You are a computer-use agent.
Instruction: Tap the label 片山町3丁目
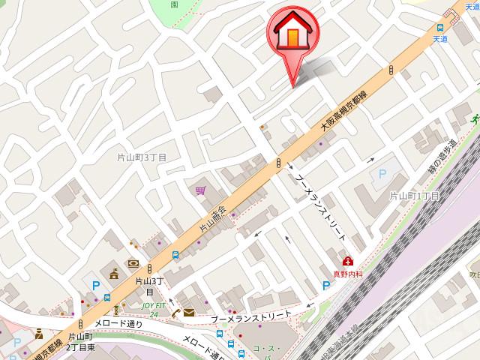pyautogui.click(x=142, y=157)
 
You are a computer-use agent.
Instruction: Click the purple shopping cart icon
pyautogui.click(x=201, y=192)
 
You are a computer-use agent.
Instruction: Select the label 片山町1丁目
pyautogui.click(x=415, y=196)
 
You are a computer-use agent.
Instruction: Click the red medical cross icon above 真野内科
pyautogui.click(x=348, y=261)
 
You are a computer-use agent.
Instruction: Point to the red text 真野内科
pyautogui.click(x=347, y=274)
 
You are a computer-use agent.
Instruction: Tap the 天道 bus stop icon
pyautogui.click(x=439, y=27)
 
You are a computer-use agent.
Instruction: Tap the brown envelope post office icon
pyautogui.click(x=187, y=312)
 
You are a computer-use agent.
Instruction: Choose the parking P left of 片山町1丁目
pyautogui.click(x=382, y=174)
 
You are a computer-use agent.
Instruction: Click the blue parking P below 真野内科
pyautogui.click(x=326, y=286)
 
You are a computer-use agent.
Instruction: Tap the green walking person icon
pyautogui.click(x=116, y=308)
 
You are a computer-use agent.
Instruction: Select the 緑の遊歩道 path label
pyautogui.click(x=442, y=157)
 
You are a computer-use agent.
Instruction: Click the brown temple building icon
pyautogui.click(x=115, y=274)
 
